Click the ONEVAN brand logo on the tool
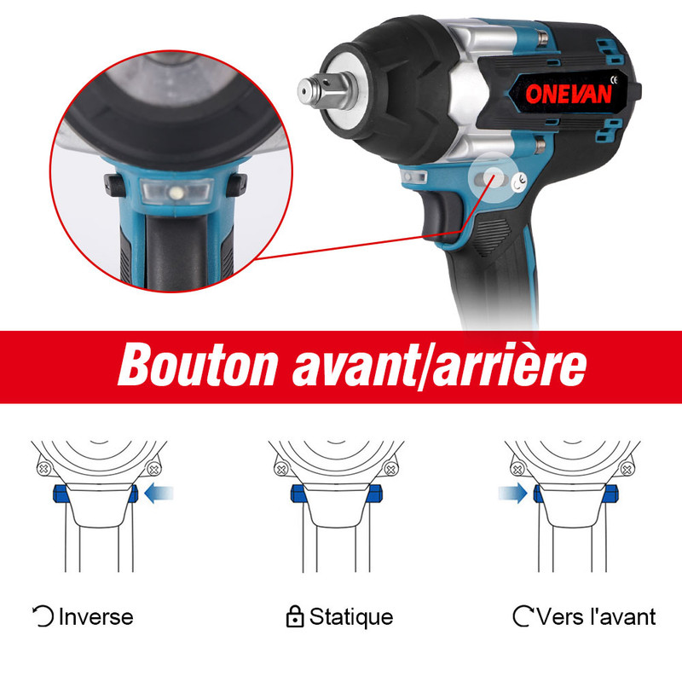click(568, 93)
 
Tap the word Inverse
click(95, 616)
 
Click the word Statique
click(351, 616)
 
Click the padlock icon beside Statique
click(295, 616)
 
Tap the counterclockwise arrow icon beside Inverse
click(43, 616)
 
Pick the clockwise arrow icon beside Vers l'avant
click(523, 616)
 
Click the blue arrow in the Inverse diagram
click(159, 492)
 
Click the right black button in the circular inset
click(235, 182)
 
